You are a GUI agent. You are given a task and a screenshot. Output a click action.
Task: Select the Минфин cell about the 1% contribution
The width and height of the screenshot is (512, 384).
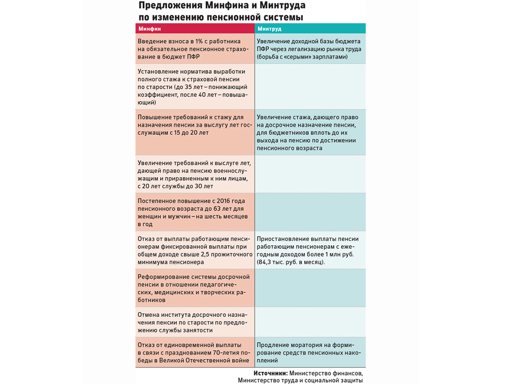coord(195,49)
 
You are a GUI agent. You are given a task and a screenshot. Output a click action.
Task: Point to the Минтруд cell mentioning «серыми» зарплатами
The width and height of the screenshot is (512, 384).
coord(310,49)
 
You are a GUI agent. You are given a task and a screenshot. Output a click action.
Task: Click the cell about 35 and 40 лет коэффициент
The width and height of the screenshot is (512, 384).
coord(195,87)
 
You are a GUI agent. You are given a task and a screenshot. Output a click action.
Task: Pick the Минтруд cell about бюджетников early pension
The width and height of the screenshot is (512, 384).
coord(310,132)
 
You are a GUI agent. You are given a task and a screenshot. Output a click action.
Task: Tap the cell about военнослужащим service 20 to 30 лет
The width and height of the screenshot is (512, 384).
coord(195,174)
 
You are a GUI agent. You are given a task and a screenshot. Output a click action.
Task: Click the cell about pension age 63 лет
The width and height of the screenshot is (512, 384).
coord(195,212)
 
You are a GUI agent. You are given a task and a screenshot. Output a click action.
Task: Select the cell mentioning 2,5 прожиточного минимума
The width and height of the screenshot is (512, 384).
coord(195,250)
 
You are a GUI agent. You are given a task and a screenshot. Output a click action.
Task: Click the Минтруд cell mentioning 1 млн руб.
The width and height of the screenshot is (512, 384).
coord(310,250)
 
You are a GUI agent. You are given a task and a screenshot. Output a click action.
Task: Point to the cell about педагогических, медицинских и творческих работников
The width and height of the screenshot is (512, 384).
coord(195,288)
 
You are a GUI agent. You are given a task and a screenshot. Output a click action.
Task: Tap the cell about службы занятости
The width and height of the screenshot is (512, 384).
coord(195,322)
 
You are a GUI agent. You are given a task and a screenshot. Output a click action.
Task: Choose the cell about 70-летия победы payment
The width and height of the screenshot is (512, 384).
coord(195,352)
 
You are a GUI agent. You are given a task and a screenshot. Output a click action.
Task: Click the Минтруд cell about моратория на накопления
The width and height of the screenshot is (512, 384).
coord(310,352)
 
